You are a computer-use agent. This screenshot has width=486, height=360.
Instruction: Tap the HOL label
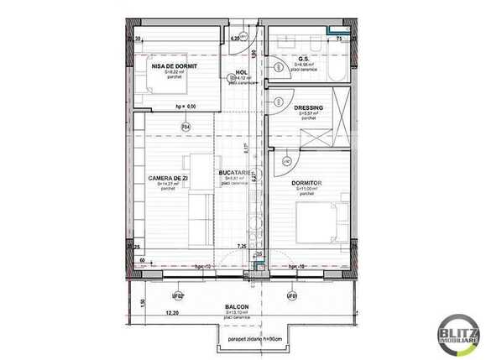(x=242, y=73)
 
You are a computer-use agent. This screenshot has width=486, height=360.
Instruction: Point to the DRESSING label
(x=309, y=108)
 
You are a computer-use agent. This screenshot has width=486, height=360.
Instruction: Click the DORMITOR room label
(x=308, y=182)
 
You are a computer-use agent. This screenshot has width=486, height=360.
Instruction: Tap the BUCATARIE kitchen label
(x=238, y=172)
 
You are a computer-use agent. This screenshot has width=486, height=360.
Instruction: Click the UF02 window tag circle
(x=177, y=295)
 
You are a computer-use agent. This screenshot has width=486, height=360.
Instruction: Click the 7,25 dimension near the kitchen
(x=242, y=246)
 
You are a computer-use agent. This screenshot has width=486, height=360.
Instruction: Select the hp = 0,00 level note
(x=185, y=107)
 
